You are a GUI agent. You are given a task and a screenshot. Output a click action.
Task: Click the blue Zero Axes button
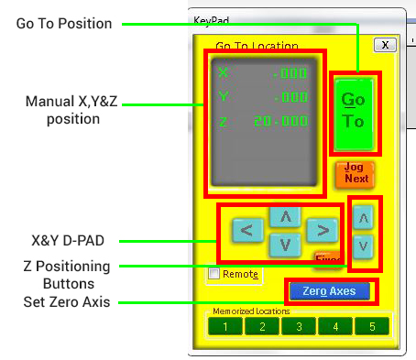point(329,290)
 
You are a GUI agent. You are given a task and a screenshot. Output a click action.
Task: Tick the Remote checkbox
point(213,273)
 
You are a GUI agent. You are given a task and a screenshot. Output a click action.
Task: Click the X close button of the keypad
point(385,44)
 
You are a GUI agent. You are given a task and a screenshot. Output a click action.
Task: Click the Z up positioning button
point(363,218)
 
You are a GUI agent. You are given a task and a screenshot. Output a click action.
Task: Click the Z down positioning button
point(363,245)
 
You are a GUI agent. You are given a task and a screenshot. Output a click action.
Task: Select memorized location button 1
point(224,325)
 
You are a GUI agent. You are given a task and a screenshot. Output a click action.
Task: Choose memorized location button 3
point(298,325)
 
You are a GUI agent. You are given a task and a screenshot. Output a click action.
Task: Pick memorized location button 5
point(371,325)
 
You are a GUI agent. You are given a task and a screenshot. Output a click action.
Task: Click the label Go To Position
point(64,23)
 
